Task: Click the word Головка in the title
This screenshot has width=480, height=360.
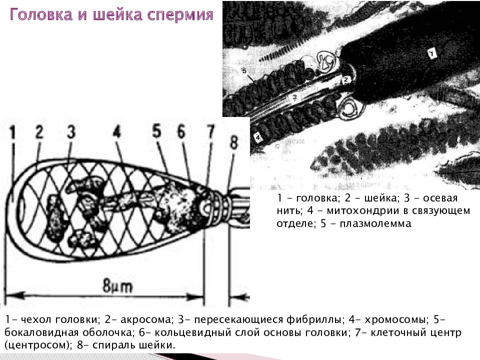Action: click(43, 15)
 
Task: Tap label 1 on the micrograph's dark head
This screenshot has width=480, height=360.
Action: click(430, 52)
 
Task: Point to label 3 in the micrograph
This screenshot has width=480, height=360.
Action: click(295, 96)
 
